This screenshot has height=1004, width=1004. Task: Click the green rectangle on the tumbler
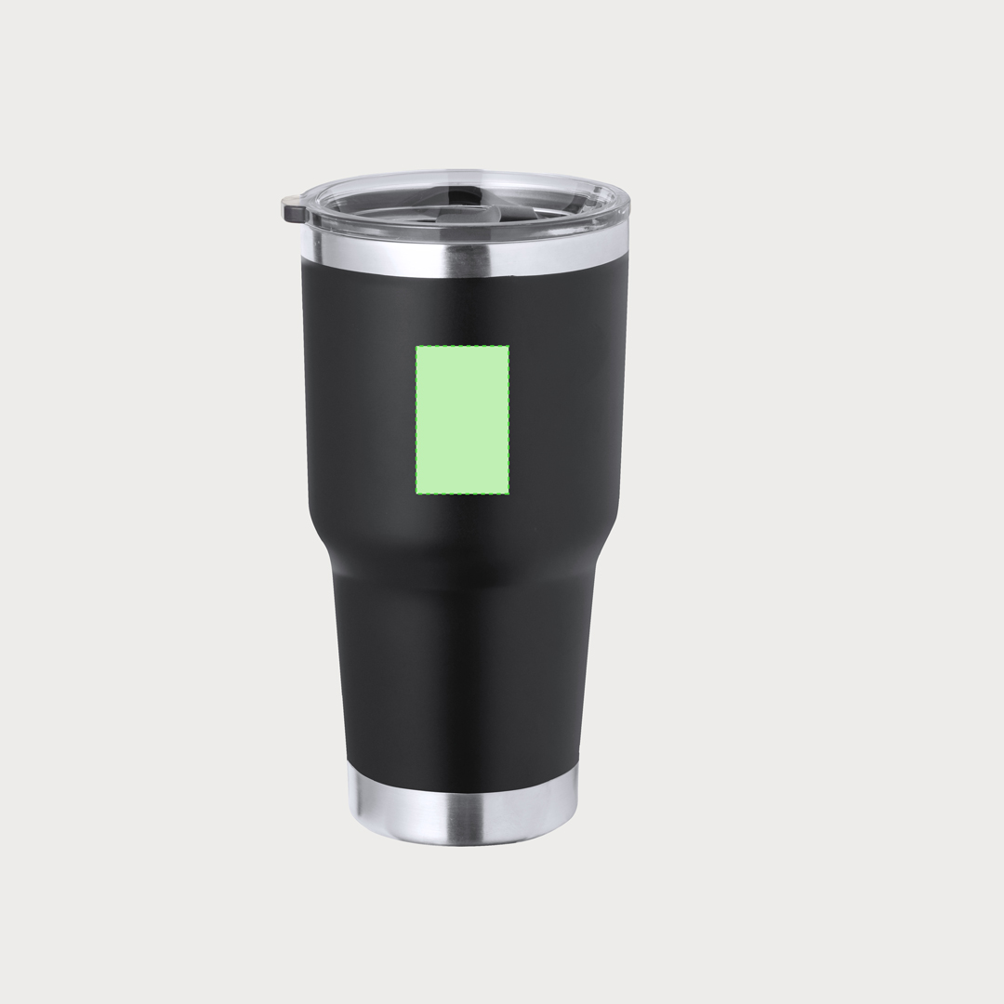pos(462,419)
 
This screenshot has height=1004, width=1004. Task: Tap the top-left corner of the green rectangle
pos(416,347)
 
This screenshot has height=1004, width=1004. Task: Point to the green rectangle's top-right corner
pos(509,347)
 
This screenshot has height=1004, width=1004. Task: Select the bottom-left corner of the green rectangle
pos(416,492)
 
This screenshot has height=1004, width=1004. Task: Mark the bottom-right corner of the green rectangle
pos(509,492)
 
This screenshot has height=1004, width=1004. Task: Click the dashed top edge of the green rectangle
pos(462,346)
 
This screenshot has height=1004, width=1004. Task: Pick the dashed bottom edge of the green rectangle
pos(462,493)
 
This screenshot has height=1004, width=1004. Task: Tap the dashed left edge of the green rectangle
pos(416,419)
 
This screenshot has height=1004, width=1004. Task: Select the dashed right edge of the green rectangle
pos(509,419)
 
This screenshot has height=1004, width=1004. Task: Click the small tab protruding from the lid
pos(293,209)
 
